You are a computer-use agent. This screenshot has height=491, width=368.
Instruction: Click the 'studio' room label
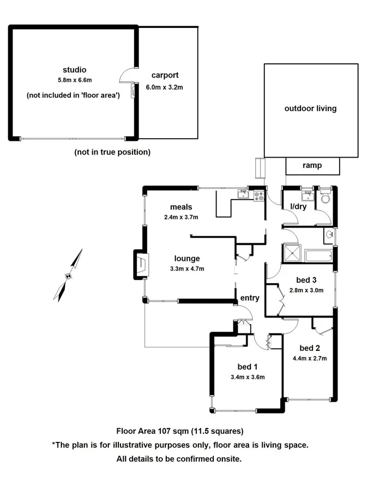coord(75,70)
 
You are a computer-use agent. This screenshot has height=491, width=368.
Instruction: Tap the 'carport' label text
coord(165,75)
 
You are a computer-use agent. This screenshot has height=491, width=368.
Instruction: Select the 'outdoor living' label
coord(310,109)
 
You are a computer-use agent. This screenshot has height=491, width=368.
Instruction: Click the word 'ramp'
coord(312,166)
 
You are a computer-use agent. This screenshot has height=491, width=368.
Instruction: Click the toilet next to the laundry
coord(325,197)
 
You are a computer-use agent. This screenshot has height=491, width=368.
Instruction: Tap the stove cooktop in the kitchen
coord(259,195)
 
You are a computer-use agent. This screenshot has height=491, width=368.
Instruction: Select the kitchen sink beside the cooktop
coord(243,194)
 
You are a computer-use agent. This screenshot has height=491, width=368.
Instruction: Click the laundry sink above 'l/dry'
coord(307,195)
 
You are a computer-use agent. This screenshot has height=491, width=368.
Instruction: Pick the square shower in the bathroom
coord(292,255)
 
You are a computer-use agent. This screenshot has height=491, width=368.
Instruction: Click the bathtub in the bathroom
coord(318,255)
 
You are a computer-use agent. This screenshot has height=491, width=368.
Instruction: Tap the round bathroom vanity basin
coord(329,235)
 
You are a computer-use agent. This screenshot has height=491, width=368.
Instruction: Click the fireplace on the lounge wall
coord(140,265)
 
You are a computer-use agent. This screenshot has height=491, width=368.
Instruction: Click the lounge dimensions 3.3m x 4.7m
coord(187,268)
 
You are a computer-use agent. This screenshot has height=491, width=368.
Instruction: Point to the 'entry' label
coord(250,298)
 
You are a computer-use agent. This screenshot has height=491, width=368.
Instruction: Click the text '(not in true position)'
coord(112,152)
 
